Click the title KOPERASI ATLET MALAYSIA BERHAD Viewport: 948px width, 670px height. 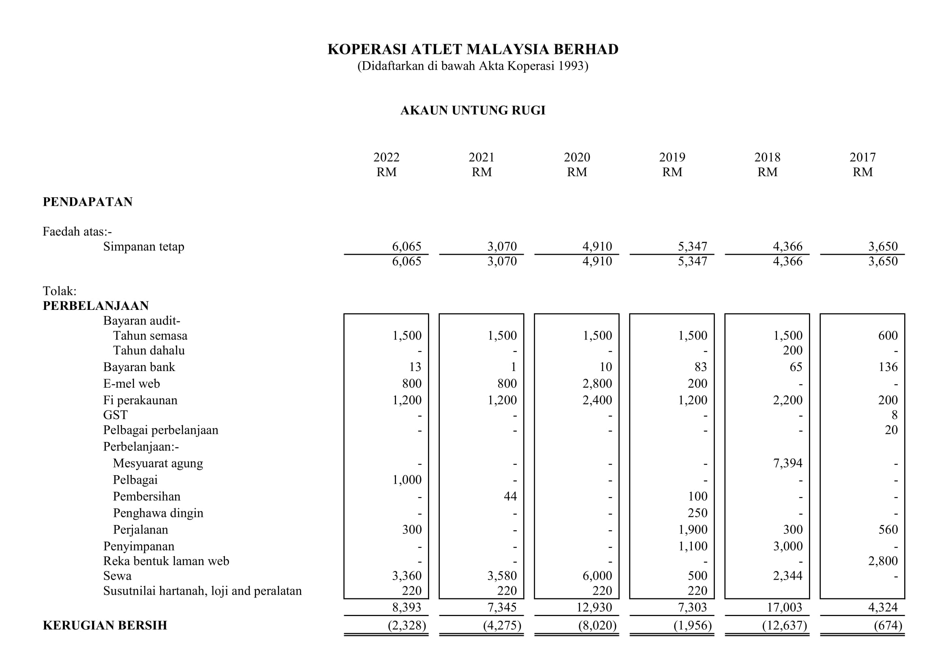473,49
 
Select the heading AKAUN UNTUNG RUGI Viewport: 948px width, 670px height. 473,110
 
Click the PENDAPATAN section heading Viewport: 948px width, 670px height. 88,202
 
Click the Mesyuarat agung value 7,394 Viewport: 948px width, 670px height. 788,463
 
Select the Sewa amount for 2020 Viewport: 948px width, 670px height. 597,576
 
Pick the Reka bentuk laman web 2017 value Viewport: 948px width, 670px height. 883,561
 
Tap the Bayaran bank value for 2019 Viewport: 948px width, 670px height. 701,367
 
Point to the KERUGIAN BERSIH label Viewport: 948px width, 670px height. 105,625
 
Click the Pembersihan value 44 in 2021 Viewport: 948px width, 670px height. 510,496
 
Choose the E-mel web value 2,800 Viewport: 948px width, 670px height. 597,383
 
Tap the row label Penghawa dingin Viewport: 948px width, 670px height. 158,513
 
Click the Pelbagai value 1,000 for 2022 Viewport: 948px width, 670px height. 407,479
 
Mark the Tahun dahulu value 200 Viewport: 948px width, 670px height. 793,350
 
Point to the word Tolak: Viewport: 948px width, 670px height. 60,291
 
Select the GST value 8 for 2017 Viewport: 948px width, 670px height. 895,415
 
